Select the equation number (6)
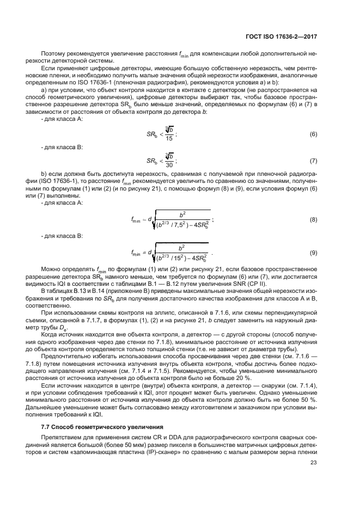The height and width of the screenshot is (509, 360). [x=313, y=134]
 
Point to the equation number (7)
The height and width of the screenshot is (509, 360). [x=313, y=161]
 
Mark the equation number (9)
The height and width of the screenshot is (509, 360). [x=313, y=253]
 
